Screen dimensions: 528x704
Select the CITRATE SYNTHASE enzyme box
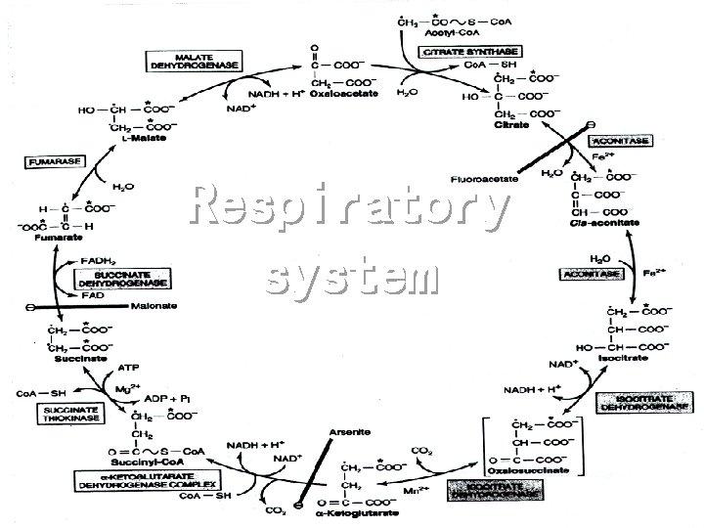(x=470, y=50)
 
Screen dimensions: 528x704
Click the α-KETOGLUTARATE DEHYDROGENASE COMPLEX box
(x=147, y=480)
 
